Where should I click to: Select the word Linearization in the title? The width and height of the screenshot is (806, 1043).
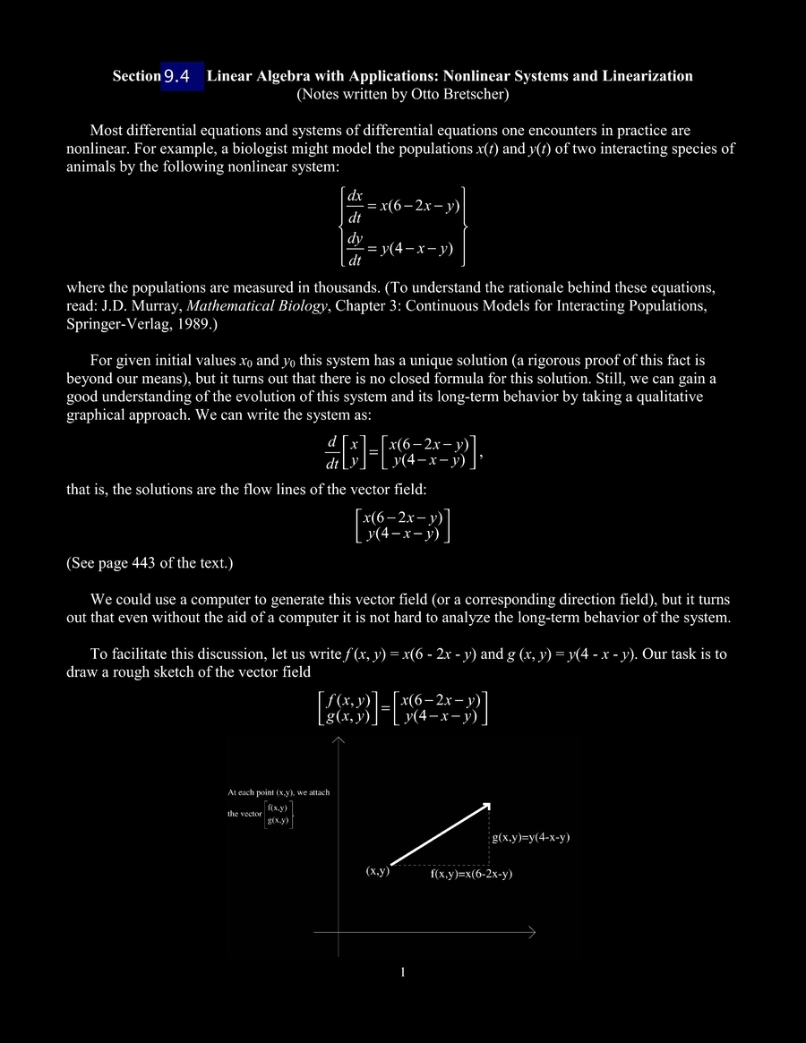(649, 76)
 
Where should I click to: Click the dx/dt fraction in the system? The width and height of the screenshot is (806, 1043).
(355, 206)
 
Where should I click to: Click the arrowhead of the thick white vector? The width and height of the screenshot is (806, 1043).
(485, 804)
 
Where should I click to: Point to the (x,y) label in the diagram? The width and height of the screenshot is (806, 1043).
(377, 870)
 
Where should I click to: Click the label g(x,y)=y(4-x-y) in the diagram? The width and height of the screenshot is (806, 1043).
(531, 838)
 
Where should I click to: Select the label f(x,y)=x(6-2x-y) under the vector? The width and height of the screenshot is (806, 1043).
(471, 875)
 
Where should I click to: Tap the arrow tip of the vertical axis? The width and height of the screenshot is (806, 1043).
(339, 740)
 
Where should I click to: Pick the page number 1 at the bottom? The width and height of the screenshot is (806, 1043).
(403, 972)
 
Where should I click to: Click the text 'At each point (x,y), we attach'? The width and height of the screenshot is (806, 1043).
(279, 792)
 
